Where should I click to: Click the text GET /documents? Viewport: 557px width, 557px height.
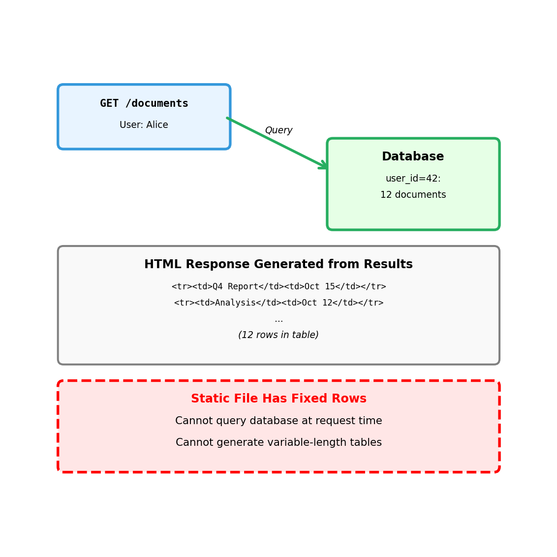pyautogui.click(x=144, y=104)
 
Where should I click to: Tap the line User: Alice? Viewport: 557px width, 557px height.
pyautogui.click(x=144, y=125)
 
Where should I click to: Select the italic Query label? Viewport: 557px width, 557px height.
pyautogui.click(x=278, y=130)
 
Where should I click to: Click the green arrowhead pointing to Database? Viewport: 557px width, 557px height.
pyautogui.click(x=324, y=166)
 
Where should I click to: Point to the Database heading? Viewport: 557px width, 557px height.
pyautogui.click(x=413, y=157)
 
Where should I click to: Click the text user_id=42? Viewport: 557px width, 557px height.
pyautogui.click(x=413, y=179)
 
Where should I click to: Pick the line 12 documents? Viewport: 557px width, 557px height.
pyautogui.click(x=413, y=195)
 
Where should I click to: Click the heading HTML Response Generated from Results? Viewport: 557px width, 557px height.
pyautogui.click(x=278, y=265)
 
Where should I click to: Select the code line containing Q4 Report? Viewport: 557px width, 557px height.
pyautogui.click(x=278, y=287)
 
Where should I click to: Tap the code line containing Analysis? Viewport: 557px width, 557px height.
pyautogui.click(x=278, y=303)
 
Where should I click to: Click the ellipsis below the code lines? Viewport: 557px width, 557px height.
pyautogui.click(x=278, y=320)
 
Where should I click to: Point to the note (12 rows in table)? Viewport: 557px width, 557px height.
pyautogui.click(x=278, y=335)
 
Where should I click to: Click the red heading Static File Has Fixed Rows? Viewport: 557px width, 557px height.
pyautogui.click(x=278, y=399)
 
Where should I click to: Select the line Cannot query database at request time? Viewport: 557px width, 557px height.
pyautogui.click(x=278, y=421)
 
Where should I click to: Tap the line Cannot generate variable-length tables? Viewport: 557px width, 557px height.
pyautogui.click(x=278, y=443)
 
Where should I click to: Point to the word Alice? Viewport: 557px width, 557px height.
pyautogui.click(x=156, y=125)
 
